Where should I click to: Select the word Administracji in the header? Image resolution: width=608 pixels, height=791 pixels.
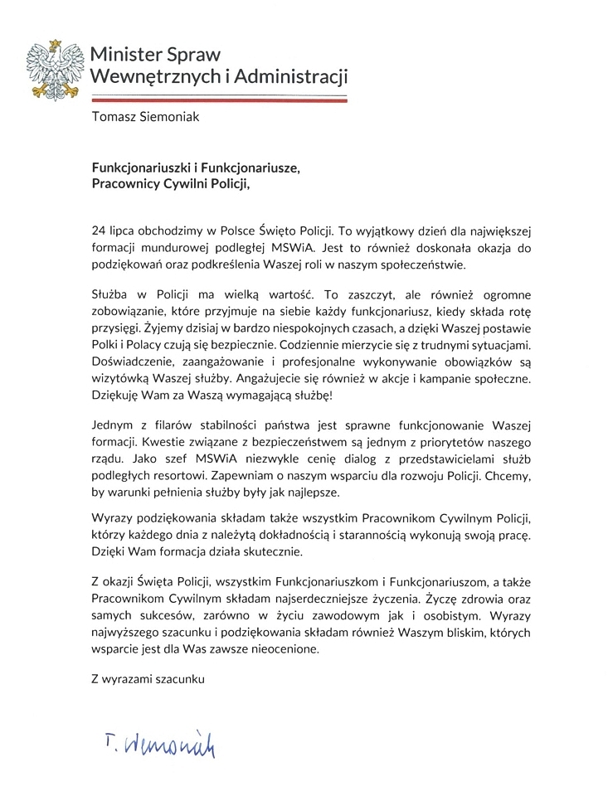pyautogui.click(x=291, y=77)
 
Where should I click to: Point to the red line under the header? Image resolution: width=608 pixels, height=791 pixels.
pyautogui.click(x=219, y=99)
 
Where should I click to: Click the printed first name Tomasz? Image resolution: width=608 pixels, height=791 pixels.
pyautogui.click(x=115, y=117)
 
